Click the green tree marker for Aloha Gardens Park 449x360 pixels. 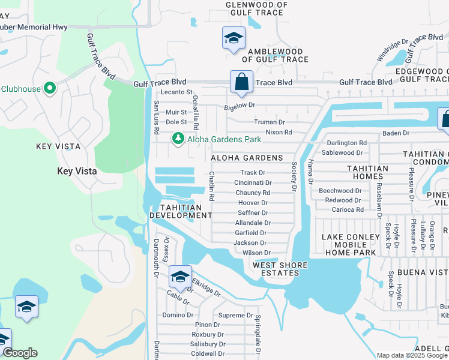click(178, 139)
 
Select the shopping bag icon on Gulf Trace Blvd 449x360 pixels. click(241, 82)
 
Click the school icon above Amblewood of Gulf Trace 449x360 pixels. click(232, 38)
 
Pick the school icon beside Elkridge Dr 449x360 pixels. click(180, 277)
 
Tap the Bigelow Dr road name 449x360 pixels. click(240, 106)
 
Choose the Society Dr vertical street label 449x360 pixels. click(295, 176)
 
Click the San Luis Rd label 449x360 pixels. click(156, 116)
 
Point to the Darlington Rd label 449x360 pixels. click(346, 143)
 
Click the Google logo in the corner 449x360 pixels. click(20, 353)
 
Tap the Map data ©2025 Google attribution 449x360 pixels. click(412, 355)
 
